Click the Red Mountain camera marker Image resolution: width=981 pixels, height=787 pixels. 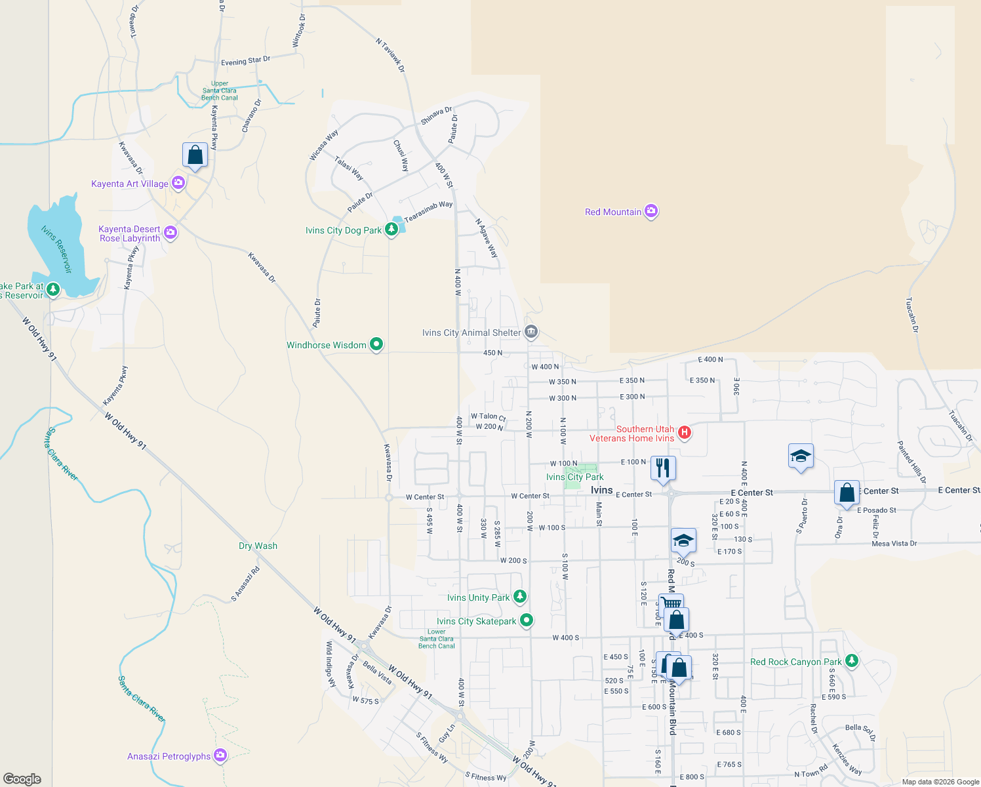[651, 211]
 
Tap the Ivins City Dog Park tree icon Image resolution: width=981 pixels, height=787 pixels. [391, 230]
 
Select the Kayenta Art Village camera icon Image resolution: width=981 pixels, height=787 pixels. [178, 183]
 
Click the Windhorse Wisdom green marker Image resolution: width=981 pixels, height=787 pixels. [376, 344]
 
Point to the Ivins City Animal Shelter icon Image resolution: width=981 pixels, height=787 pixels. [531, 332]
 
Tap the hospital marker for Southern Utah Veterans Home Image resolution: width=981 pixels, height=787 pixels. [685, 432]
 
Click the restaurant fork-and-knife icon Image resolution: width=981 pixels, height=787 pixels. [663, 468]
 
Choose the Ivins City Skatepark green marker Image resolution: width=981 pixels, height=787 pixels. [527, 620]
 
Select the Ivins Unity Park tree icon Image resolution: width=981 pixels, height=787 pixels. [520, 597]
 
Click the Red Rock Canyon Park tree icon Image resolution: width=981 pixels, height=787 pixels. [852, 661]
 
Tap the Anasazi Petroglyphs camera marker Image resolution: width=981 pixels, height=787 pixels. [220, 756]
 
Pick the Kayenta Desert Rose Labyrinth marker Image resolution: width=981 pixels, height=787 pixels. [170, 233]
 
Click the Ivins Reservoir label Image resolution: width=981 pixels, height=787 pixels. [56, 249]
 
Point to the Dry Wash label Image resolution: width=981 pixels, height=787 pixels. [258, 546]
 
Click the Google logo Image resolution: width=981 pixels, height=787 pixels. [22, 779]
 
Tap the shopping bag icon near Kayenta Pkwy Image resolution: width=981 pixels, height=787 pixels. [195, 155]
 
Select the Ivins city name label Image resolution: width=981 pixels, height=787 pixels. [601, 490]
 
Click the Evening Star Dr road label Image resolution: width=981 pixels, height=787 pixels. [245, 61]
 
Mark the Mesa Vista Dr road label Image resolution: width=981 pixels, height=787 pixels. [894, 543]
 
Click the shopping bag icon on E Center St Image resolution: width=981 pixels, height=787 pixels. [847, 493]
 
